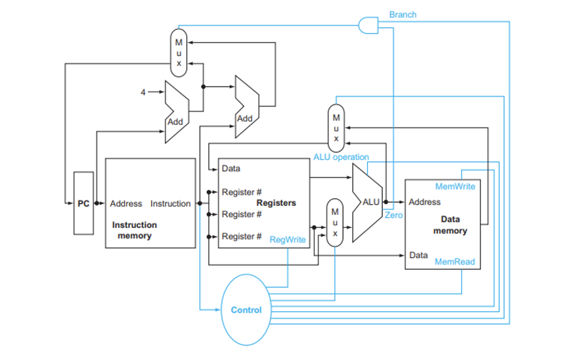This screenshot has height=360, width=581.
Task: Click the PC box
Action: tap(83, 203)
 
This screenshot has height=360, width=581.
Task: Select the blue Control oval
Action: tap(246, 310)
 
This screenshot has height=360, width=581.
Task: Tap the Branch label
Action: tap(402, 14)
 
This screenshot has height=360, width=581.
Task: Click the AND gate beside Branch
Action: tap(368, 25)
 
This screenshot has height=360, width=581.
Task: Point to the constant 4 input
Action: tap(143, 93)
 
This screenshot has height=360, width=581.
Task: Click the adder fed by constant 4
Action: tap(176, 112)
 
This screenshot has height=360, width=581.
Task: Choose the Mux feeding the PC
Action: tap(179, 53)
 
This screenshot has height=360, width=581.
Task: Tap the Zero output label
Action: tap(393, 215)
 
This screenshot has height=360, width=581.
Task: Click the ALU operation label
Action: tap(341, 157)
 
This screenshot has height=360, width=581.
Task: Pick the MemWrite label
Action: tap(455, 186)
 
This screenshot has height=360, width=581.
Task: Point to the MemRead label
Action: tap(454, 262)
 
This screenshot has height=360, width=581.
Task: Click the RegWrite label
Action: tap(287, 239)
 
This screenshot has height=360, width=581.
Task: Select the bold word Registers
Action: tap(276, 203)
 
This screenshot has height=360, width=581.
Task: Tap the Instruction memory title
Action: tap(134, 230)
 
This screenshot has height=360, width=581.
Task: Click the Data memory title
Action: tap(450, 225)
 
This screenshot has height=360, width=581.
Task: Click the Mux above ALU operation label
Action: tap(336, 127)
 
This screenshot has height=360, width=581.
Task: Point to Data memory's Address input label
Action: tap(424, 202)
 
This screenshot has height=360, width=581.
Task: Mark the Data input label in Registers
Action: tap(231, 168)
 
